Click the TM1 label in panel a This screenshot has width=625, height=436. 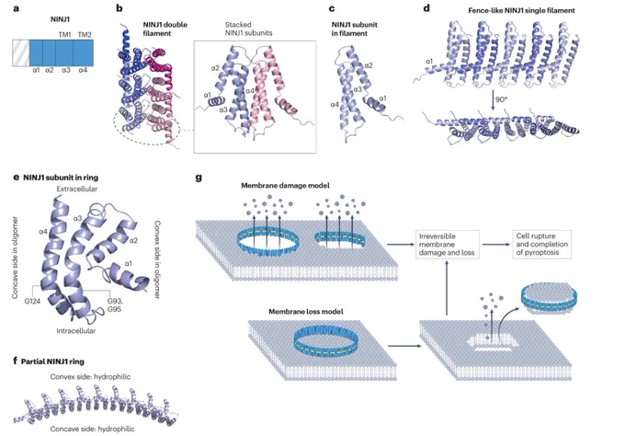click(x=64, y=35)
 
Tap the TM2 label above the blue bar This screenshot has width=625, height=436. click(x=85, y=35)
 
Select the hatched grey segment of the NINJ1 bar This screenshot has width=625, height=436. click(x=21, y=52)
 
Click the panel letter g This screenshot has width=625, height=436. click(x=199, y=178)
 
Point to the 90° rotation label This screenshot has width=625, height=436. click(x=501, y=99)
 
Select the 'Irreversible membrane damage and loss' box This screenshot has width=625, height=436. click(x=448, y=244)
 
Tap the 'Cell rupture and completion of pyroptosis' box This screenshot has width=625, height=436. click(x=541, y=244)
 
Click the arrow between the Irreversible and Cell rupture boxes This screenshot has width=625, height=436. click(x=495, y=244)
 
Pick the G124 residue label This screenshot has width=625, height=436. click(x=33, y=301)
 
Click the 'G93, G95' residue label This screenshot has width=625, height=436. click(x=115, y=304)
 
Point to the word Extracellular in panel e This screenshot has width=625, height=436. click(x=77, y=189)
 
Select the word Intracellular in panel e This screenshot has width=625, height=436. click(x=76, y=331)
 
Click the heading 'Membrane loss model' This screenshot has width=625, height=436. click(x=306, y=312)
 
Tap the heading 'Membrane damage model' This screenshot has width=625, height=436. click(x=285, y=186)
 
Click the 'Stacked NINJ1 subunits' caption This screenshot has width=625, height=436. click(x=248, y=29)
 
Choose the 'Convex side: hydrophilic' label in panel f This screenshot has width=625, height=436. click(x=90, y=376)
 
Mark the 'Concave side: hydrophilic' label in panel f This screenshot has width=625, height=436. click(x=93, y=429)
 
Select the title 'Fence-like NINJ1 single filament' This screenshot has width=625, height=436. click(x=521, y=11)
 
